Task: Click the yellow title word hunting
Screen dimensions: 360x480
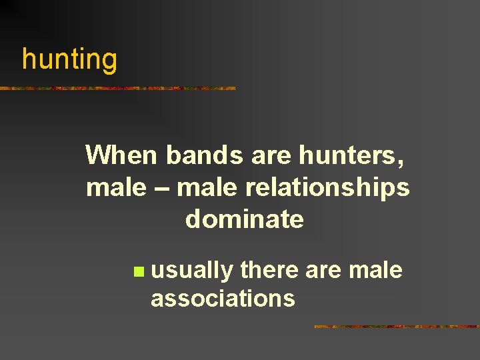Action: (x=69, y=59)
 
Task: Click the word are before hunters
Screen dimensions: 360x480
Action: (x=271, y=156)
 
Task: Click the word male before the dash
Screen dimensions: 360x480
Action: (x=115, y=187)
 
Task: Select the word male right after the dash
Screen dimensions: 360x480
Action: (x=207, y=187)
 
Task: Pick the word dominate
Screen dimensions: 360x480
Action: (x=245, y=219)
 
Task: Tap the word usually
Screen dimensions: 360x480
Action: (x=192, y=271)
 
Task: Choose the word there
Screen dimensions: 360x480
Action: (x=269, y=270)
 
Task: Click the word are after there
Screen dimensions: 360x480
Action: (x=325, y=270)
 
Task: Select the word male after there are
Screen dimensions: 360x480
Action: (x=376, y=270)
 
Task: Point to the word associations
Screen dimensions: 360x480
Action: (x=223, y=298)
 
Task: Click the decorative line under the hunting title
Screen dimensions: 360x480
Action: (x=117, y=88)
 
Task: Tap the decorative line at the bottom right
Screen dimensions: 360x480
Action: (x=396, y=327)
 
